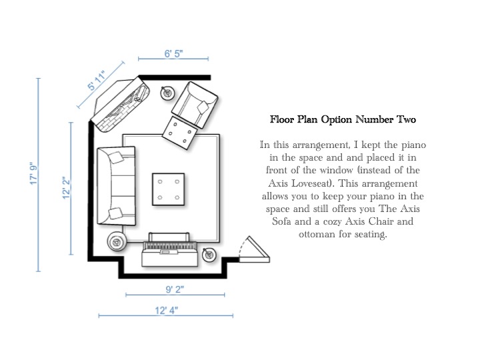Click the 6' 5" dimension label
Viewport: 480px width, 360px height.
point(173,53)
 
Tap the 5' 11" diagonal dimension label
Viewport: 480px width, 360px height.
point(97,81)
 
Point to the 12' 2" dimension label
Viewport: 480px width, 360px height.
point(67,187)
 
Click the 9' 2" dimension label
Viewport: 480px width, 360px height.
point(175,289)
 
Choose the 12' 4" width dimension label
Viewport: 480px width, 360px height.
point(166,311)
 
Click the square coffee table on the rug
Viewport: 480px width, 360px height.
point(169,189)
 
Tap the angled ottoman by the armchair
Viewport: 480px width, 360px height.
point(180,133)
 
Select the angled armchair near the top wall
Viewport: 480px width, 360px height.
point(195,105)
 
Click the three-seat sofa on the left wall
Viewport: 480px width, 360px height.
point(116,186)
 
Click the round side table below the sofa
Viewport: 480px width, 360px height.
point(117,241)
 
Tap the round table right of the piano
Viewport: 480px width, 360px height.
point(209,255)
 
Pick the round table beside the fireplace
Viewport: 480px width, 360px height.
point(167,93)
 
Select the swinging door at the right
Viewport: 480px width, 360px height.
point(254,251)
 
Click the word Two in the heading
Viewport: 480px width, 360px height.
point(407,119)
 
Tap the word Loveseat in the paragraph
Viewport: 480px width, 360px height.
point(311,183)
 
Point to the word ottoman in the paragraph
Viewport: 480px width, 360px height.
point(317,234)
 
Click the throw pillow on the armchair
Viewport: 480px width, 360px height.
point(203,107)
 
